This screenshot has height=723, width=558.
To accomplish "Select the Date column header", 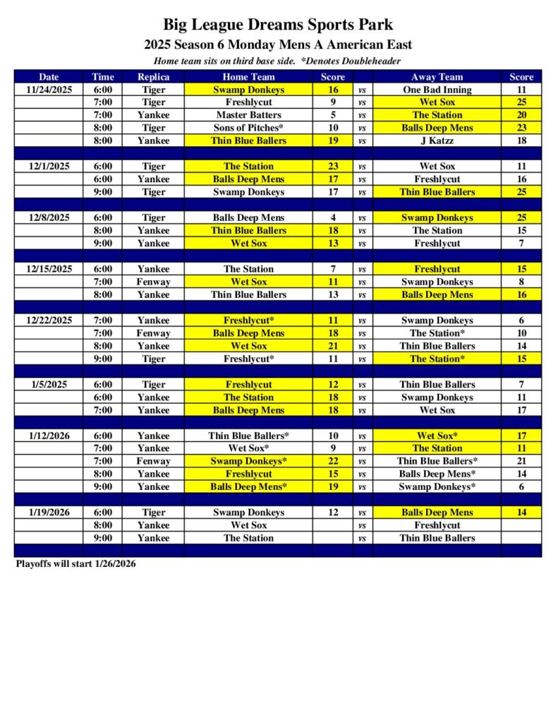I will coord(49,77).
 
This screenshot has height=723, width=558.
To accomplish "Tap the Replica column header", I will coord(153,77).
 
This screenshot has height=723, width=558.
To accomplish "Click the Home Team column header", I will coord(248,77).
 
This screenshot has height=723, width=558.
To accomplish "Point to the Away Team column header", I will coord(437,77).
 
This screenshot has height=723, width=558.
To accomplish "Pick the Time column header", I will coord(102,77).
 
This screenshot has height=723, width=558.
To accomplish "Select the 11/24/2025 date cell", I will coord(49,90).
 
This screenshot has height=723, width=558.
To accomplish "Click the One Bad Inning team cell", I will coord(437,90).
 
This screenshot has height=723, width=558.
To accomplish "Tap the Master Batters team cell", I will coord(248,115).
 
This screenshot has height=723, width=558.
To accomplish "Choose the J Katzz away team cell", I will coord(437,141).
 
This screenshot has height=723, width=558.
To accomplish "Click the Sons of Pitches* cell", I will coord(248,128).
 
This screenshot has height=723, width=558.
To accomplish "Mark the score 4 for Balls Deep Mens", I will coord(333,217).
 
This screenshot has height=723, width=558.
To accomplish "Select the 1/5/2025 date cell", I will coord(49,384).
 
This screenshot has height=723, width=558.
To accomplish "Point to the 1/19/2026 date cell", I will coord(49,512).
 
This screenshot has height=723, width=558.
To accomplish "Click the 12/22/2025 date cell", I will coord(49,320).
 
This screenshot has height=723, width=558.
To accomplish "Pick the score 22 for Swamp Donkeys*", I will coord(333,461).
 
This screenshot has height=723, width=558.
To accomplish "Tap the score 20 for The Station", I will coord(521,115).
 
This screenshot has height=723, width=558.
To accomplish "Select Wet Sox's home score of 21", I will coord(333,346).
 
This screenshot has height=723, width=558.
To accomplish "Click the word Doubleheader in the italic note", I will coord(370,61).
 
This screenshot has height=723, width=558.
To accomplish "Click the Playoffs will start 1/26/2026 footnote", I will coord(75,564).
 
